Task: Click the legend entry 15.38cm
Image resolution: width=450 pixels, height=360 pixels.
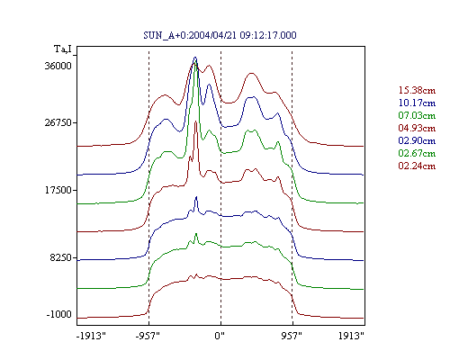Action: point(417,90)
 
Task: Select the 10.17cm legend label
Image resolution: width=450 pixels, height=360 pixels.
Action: point(417,103)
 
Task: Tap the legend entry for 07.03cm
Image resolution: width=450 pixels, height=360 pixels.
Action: point(417,115)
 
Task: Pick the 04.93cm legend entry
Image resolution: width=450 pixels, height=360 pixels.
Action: point(417,128)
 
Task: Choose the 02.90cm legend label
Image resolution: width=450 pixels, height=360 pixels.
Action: point(417,140)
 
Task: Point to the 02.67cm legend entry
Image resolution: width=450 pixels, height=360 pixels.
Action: point(417,153)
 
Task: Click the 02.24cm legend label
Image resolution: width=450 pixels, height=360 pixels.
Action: point(417,166)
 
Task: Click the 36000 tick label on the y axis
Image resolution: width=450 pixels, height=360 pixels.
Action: point(58,66)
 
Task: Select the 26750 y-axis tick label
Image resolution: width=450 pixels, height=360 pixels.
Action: point(58,123)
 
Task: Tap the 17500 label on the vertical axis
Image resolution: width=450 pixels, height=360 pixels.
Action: point(58,191)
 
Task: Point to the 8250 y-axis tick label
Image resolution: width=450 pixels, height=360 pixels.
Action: point(61,257)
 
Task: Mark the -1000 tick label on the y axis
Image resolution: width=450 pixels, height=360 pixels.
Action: point(59,314)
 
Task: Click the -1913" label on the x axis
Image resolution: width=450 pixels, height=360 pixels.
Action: point(92,336)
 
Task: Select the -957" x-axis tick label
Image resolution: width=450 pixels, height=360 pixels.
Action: point(148,336)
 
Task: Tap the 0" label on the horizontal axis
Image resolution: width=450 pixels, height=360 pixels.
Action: point(220,336)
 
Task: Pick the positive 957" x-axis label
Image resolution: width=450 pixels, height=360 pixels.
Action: point(292,336)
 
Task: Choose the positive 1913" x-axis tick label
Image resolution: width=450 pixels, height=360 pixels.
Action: point(351,336)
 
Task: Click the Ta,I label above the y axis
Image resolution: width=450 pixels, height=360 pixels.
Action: point(63,49)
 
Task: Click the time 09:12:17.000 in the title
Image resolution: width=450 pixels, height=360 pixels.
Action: point(268,35)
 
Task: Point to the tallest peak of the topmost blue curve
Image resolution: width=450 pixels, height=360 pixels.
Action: point(195,57)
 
